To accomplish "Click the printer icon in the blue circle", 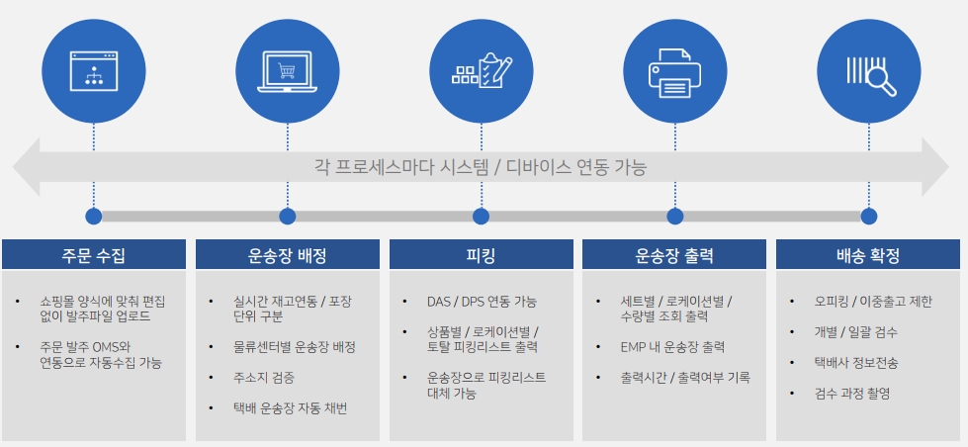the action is coord(674,71).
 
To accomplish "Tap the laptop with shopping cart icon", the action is coord(287,72).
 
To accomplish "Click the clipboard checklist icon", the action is coord(482,70).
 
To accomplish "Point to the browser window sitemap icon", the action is coord(94,71).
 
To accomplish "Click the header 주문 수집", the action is coord(94,255).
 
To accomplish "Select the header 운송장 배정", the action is coord(287,255).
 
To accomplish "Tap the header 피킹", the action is coord(481,255).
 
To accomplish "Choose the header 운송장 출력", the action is coord(674,255).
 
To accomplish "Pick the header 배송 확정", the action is coord(868,255).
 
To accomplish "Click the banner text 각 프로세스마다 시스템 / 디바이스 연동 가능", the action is coord(481,167).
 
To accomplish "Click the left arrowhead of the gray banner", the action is coord(14,167).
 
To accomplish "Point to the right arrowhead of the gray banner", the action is coord(947,167).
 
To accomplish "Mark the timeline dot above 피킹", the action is coord(481,217).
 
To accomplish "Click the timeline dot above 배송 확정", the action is coord(868,217).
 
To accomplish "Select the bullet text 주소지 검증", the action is coord(259,378).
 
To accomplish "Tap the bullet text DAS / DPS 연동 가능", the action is coord(482,302).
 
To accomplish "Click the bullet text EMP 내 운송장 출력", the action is coord(672,347).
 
